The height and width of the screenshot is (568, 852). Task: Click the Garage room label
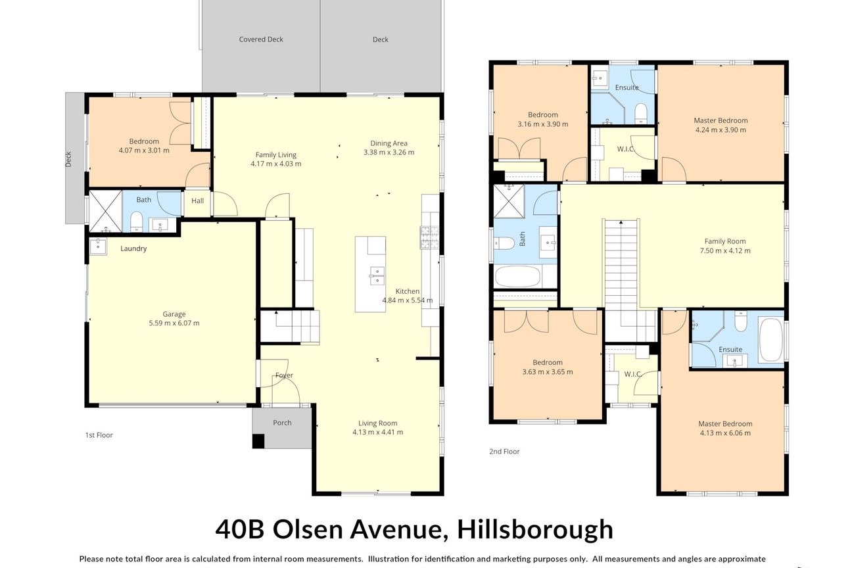(174, 314)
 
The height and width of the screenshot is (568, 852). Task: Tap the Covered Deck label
(261, 39)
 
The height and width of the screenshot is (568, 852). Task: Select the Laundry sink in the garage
(98, 246)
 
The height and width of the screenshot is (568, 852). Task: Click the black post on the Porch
(258, 441)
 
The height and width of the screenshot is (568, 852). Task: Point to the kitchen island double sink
(377, 275)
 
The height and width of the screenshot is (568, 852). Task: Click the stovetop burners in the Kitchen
(429, 237)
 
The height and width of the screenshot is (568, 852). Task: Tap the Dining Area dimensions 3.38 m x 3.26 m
(389, 152)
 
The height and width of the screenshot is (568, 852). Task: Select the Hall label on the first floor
(197, 201)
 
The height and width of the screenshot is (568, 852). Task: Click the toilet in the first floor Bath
(136, 222)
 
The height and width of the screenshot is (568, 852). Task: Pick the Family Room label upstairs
(725, 241)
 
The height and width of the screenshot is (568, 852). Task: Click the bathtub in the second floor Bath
(517, 277)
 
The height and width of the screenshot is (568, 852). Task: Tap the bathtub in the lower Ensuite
(771, 339)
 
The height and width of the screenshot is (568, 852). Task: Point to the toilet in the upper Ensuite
(641, 113)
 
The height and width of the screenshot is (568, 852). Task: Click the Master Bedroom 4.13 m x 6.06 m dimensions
(725, 433)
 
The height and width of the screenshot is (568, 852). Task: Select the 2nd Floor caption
(504, 452)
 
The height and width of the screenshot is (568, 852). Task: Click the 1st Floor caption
(99, 435)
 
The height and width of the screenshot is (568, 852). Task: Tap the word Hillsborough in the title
(535, 529)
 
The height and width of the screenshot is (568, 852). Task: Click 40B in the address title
(239, 529)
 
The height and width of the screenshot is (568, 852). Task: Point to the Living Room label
(378, 423)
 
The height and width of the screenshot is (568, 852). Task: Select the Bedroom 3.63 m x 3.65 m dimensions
(548, 372)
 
